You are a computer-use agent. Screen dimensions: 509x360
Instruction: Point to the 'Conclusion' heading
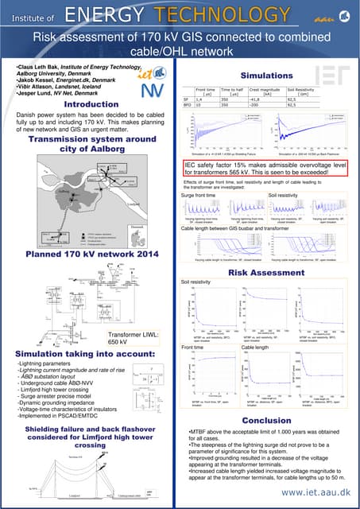click(x=266, y=421)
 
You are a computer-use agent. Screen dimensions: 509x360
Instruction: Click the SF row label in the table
click(x=185, y=100)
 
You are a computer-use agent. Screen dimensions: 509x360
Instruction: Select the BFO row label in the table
click(x=186, y=106)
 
